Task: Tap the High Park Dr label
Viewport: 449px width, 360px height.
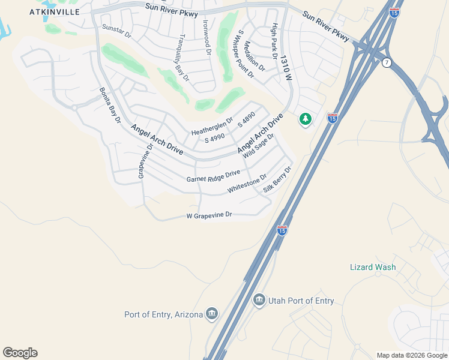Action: click(274, 40)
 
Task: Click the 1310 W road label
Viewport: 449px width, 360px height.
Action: click(288, 64)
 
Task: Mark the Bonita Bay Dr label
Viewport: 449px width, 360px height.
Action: click(110, 106)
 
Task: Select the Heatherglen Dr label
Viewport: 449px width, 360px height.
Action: click(211, 128)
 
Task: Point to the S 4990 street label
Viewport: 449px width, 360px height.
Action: click(214, 139)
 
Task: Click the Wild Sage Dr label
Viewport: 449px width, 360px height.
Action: click(259, 146)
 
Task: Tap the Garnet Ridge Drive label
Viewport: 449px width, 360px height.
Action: click(213, 176)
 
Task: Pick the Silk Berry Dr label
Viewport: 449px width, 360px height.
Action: click(277, 180)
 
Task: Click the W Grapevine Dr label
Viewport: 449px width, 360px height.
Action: click(209, 215)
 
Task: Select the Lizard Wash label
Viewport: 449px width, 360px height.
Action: click(373, 267)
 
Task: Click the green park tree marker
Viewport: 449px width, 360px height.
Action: click(306, 119)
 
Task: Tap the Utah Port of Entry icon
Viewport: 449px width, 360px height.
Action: click(259, 299)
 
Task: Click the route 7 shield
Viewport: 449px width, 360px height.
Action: click(387, 63)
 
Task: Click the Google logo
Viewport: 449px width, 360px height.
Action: click(20, 353)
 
